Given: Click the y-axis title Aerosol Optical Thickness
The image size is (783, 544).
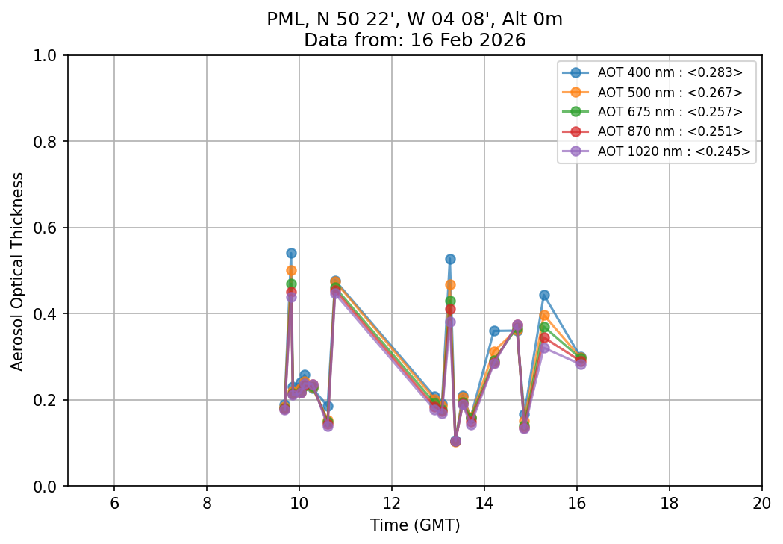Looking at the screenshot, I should coord(18,271).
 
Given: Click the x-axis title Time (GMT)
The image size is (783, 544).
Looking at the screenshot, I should coord(415,525).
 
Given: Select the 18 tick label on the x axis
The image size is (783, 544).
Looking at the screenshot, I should coord(669,504).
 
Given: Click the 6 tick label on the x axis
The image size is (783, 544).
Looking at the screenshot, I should coord(114,504).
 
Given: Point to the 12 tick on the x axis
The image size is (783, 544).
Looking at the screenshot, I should coord(392,504).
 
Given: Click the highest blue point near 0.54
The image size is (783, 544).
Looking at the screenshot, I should coord(291,254).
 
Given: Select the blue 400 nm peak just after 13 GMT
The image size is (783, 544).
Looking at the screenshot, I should coord(450,259).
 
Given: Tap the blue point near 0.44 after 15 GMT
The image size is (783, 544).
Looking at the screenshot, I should coord(544,296).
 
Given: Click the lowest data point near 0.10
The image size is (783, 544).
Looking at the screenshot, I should coord(455,441).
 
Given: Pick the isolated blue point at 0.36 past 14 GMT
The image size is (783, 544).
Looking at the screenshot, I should coord(494,331).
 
